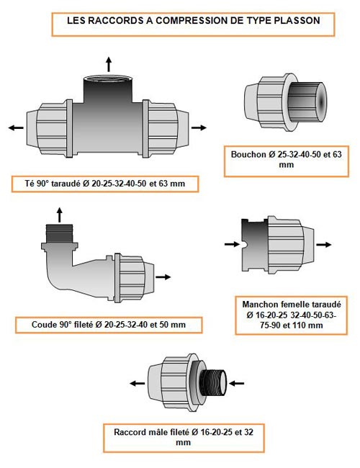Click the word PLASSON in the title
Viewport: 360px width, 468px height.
[297, 20]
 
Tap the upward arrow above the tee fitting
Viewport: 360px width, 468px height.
[109, 64]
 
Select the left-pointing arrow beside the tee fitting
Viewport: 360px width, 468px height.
[16, 127]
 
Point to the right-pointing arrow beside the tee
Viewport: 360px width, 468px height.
[199, 127]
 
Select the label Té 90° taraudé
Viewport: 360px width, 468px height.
[53, 184]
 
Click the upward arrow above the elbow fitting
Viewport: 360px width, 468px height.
[60, 215]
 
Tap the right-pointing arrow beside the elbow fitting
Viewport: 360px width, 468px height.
[163, 277]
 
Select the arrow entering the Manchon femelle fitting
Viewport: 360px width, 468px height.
[232, 244]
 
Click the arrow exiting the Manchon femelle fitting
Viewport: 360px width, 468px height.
[323, 245]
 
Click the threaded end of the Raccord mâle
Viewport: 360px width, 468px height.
[213, 383]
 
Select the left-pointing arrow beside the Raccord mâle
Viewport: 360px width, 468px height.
[138, 383]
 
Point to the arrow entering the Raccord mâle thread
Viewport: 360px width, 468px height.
[236, 383]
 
